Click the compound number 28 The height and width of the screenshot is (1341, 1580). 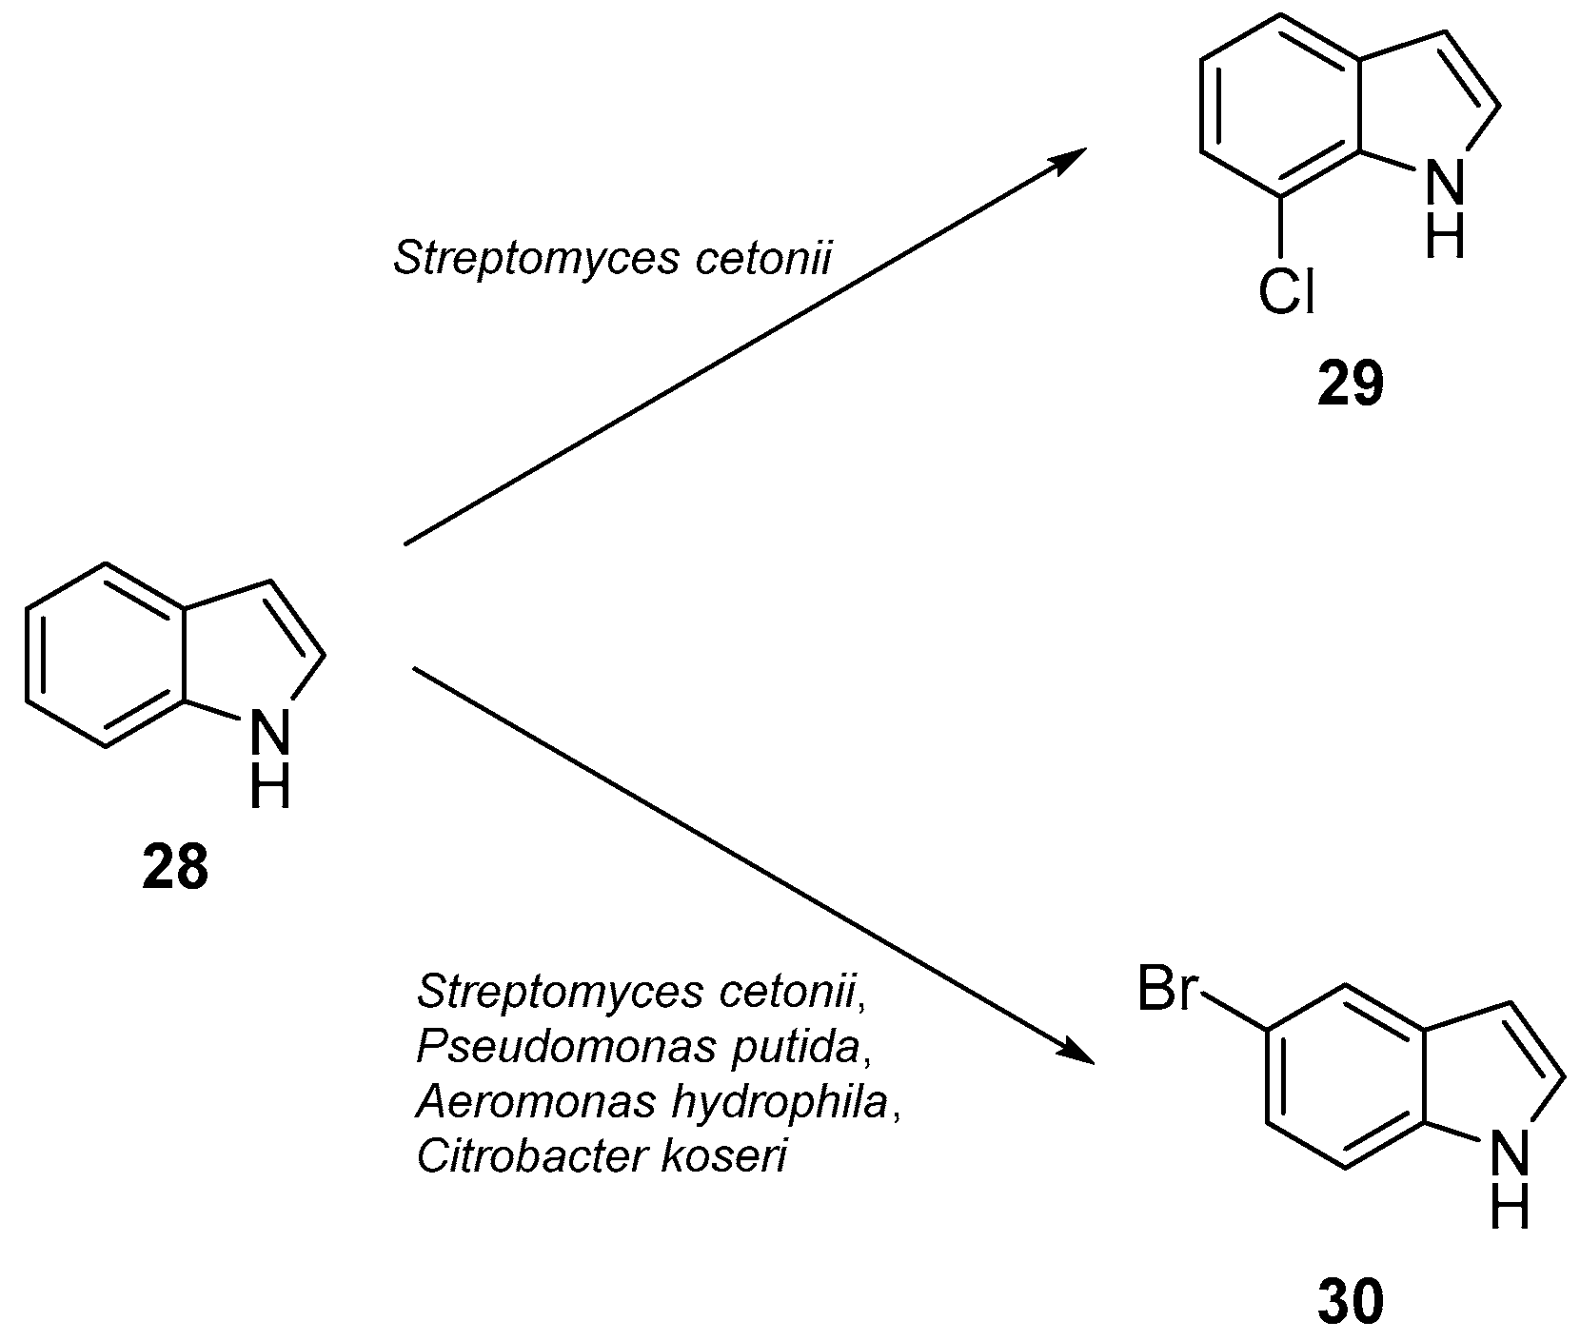click(x=175, y=867)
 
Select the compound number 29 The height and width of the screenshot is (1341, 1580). click(x=1350, y=385)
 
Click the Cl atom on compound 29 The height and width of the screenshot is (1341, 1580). click(x=1285, y=292)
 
